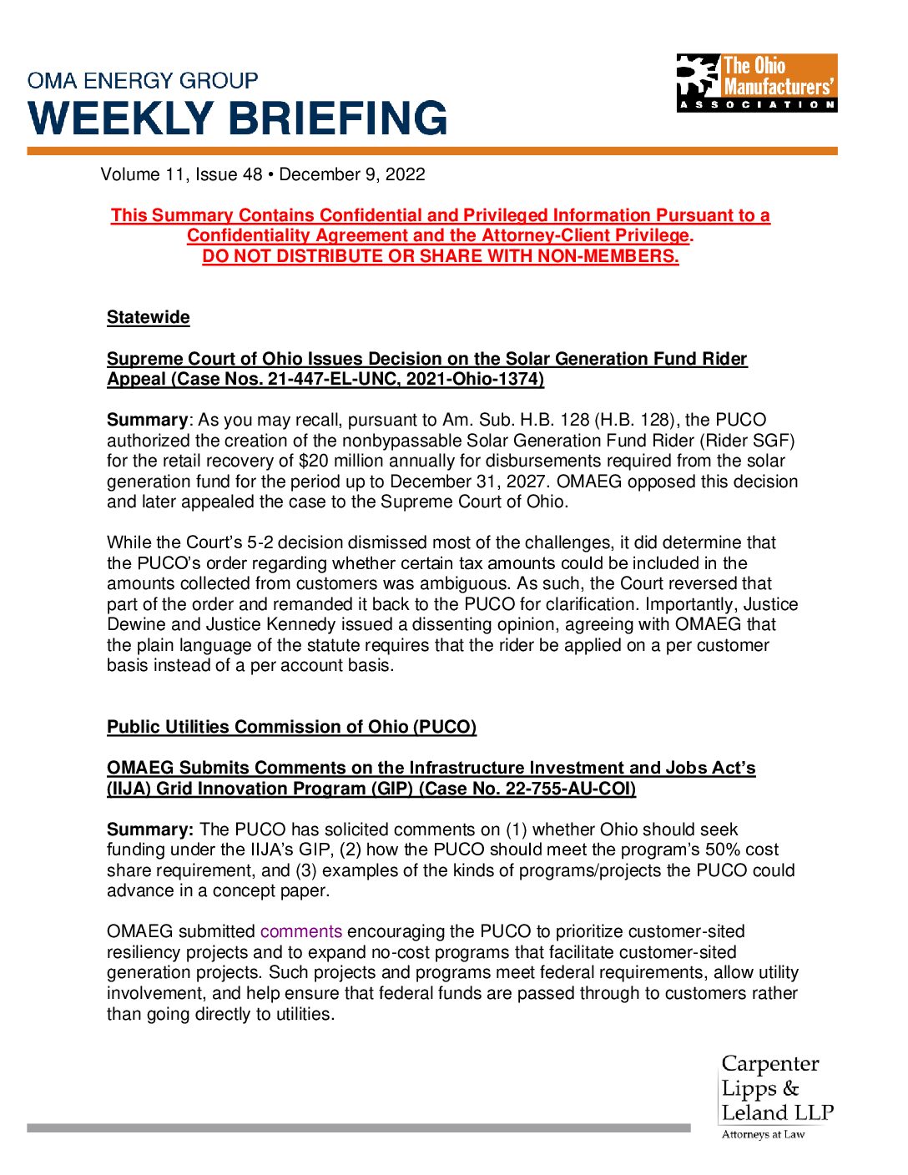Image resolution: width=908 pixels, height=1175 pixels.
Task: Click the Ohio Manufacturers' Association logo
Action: coord(756,83)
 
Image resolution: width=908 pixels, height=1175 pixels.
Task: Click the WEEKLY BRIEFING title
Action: coord(238,118)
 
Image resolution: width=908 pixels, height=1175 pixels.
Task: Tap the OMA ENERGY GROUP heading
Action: coord(143,81)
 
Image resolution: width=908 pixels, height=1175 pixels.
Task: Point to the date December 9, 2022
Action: coord(352,174)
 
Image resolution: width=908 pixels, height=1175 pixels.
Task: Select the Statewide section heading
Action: coord(148,317)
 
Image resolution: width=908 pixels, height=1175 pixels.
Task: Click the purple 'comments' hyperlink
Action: coord(300,931)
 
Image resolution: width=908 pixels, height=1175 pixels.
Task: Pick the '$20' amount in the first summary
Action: coord(311,461)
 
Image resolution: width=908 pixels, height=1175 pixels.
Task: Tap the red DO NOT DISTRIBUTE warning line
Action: coord(440,256)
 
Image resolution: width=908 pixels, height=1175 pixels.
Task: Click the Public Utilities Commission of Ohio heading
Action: coord(291,727)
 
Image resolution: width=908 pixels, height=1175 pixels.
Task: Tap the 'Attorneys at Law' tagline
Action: coord(763,1134)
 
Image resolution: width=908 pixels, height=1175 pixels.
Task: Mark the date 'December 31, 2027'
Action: coord(469,482)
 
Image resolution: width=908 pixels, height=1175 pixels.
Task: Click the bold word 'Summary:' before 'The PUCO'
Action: coord(150,830)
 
